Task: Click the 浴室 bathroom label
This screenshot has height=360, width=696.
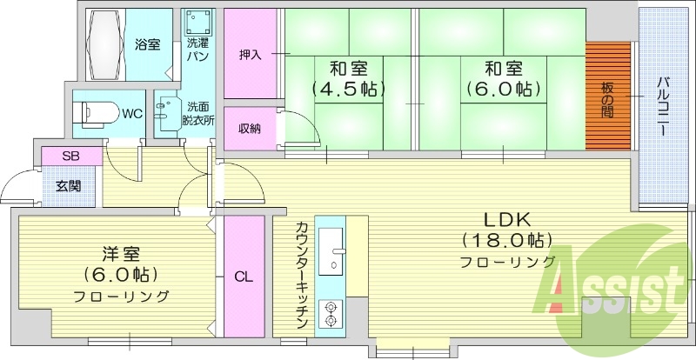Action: click(147, 44)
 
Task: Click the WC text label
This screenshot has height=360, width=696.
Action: click(132, 113)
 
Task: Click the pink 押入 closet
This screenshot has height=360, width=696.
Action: click(250, 55)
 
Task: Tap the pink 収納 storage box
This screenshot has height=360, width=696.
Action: click(250, 129)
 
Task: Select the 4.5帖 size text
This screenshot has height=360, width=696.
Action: click(348, 89)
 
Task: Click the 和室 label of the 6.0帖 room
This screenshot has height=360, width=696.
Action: click(503, 67)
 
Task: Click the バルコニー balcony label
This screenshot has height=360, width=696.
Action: click(662, 104)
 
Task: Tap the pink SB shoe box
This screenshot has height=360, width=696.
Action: click(69, 157)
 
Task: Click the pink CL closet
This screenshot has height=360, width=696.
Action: click(244, 277)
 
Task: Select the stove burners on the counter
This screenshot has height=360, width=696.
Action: click(331, 313)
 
